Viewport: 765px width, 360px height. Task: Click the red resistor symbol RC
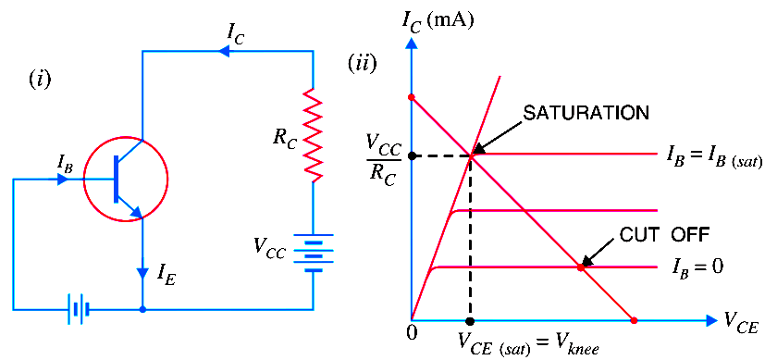313,136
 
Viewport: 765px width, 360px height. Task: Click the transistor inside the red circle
126,179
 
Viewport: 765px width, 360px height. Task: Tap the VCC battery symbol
313,251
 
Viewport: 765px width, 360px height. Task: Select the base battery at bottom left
78,309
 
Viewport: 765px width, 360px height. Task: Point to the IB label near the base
65,163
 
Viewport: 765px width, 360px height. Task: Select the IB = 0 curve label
697,267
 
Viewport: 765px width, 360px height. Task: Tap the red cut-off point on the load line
581,267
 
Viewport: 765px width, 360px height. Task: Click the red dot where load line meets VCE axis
634,320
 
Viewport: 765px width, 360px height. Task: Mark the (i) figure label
40,79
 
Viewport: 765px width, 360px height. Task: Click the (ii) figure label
361,63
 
